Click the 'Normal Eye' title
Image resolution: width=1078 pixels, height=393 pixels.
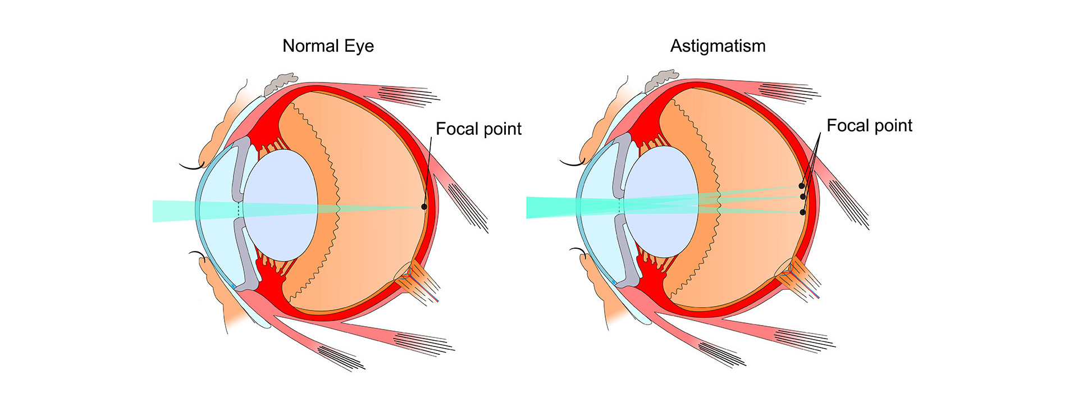(x=328, y=46)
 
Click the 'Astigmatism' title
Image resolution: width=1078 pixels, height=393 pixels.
(x=718, y=46)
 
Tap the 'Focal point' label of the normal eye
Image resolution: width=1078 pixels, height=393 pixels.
(x=478, y=129)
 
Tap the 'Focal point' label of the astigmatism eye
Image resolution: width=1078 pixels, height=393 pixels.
(x=869, y=126)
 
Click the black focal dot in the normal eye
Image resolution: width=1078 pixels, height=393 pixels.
(x=424, y=207)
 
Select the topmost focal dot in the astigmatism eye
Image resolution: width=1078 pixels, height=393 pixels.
(x=801, y=186)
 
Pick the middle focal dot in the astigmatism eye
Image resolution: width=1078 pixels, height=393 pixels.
(x=803, y=196)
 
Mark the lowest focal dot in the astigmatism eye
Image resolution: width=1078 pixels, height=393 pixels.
(x=802, y=212)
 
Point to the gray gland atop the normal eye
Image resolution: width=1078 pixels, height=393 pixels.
(x=281, y=83)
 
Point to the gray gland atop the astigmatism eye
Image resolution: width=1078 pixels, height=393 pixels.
(x=661, y=80)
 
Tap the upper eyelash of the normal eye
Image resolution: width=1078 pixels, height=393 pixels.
(x=191, y=166)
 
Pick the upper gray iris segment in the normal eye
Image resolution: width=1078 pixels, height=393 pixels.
(x=241, y=168)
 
